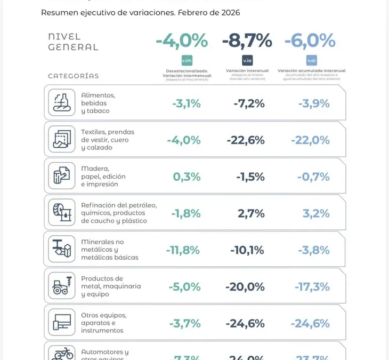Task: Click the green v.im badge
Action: (x=187, y=60)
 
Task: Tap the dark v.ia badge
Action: (x=247, y=60)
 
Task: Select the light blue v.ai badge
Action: (x=311, y=60)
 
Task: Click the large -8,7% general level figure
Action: (x=247, y=41)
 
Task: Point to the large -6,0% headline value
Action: (x=310, y=41)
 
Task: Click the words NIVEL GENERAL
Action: (x=73, y=42)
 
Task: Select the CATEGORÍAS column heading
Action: (x=73, y=76)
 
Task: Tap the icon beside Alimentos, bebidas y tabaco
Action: (x=62, y=102)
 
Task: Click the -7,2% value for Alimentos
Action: (x=249, y=103)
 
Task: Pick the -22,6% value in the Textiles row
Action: (x=246, y=140)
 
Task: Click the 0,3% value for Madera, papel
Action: (x=187, y=177)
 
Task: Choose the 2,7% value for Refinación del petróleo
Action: (x=251, y=213)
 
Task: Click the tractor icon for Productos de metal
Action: (x=62, y=286)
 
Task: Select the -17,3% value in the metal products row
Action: (x=312, y=287)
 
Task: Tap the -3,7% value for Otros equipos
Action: (x=184, y=323)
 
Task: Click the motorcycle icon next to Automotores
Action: (x=62, y=353)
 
